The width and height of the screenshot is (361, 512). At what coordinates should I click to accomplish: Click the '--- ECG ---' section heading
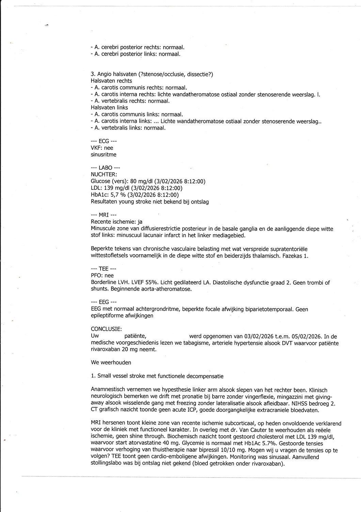click(104, 141)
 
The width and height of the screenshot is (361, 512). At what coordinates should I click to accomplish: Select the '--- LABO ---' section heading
click(105, 168)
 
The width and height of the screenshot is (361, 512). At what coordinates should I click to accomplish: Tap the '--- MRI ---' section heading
click(104, 215)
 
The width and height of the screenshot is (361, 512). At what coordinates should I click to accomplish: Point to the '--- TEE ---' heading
click(104, 269)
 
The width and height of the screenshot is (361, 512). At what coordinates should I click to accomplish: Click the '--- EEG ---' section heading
click(104, 302)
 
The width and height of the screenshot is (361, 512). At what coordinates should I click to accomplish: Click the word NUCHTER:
click(104, 174)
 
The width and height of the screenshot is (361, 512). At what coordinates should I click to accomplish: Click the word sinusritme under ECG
click(104, 154)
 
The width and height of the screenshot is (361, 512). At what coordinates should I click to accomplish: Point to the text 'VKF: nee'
click(102, 148)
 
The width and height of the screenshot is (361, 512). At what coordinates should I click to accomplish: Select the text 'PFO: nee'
click(102, 275)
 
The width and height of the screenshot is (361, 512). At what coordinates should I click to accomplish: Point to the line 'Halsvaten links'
click(109, 108)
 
